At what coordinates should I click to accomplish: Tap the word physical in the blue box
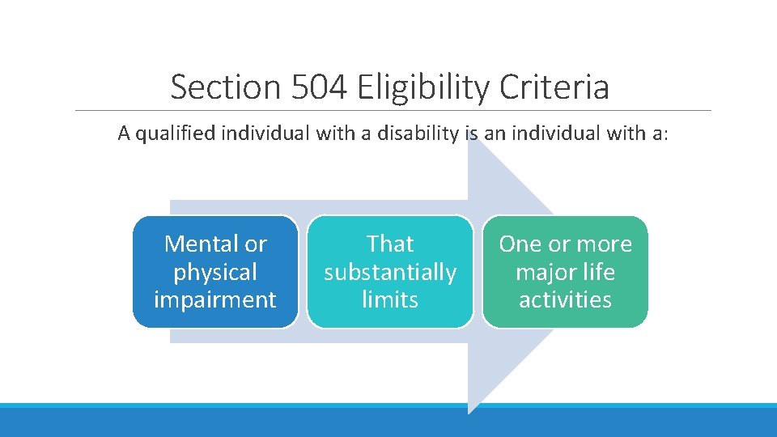coord(215,272)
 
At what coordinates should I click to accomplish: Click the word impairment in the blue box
coord(215,299)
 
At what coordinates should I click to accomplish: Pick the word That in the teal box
coord(390,244)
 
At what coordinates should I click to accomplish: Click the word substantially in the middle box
coord(390,272)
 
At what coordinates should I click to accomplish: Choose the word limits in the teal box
coord(390,299)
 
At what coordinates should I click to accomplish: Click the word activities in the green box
coord(565,299)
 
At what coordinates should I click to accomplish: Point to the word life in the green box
coord(600,272)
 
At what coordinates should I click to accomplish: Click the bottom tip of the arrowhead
coord(469,412)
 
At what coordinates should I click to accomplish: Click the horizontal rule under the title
coord(393,110)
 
